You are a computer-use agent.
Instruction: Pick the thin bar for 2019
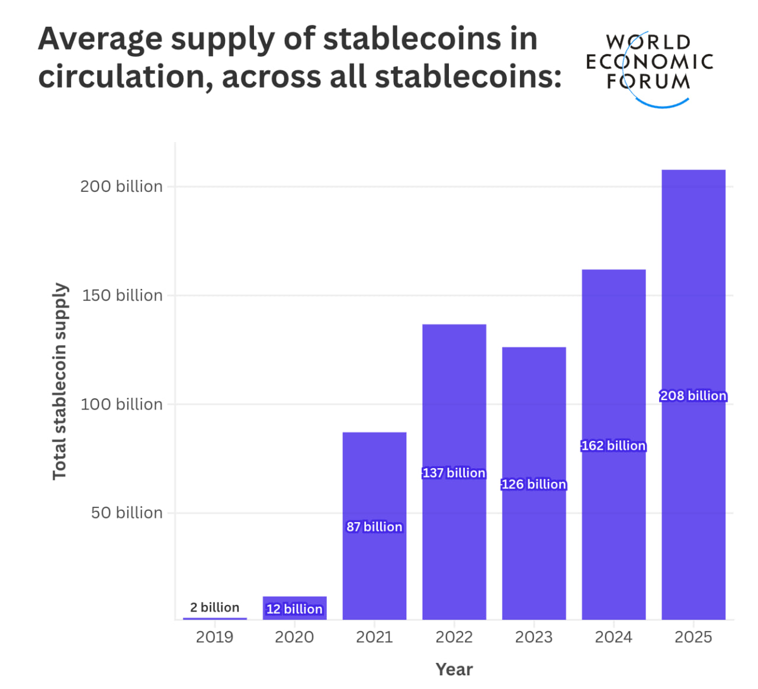pyautogui.click(x=214, y=619)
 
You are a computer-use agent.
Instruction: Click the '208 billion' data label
pyautogui.click(x=693, y=395)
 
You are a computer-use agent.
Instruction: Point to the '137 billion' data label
pyautogui.click(x=454, y=473)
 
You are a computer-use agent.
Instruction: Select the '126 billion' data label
pyautogui.click(x=534, y=484)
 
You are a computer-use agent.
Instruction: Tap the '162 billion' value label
pyautogui.click(x=614, y=446)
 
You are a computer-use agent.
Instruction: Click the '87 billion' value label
pyautogui.click(x=374, y=527)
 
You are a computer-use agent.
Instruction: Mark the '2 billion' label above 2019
pyautogui.click(x=214, y=607)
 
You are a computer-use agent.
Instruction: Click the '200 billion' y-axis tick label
pyautogui.click(x=121, y=186)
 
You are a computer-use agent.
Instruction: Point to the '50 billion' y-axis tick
pyautogui.click(x=127, y=513)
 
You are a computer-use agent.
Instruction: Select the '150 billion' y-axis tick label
pyautogui.click(x=122, y=295)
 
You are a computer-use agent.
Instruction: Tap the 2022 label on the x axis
pyautogui.click(x=454, y=637)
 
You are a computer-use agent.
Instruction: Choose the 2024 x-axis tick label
pyautogui.click(x=614, y=637)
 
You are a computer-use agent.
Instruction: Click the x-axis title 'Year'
pyautogui.click(x=454, y=669)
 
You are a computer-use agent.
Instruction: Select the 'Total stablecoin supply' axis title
pyautogui.click(x=60, y=381)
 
